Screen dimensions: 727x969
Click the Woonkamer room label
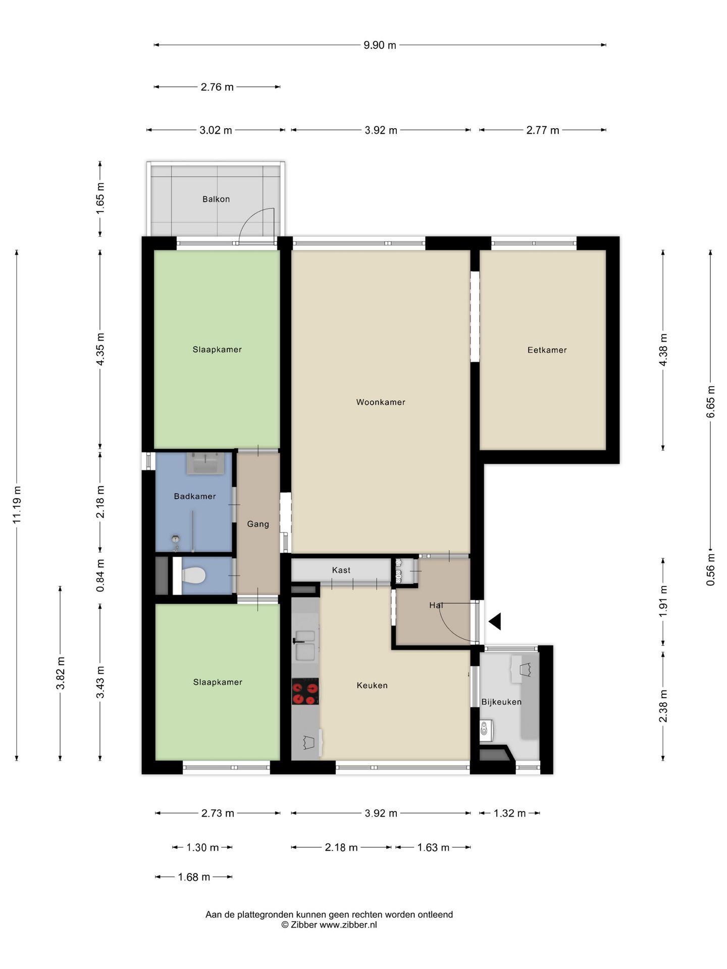(381, 402)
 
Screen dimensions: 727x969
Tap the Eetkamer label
(547, 350)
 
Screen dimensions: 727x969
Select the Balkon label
(216, 199)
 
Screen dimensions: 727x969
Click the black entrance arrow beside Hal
(495, 621)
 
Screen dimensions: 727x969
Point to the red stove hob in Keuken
(305, 691)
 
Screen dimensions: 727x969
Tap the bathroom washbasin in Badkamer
(205, 463)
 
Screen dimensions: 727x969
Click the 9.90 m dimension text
(380, 45)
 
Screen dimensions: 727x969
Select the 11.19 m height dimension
(17, 505)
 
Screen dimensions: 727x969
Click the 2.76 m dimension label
(217, 87)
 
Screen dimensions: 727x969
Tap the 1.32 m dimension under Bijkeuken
(509, 813)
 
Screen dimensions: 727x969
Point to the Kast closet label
(341, 570)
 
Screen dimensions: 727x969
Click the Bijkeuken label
(501, 702)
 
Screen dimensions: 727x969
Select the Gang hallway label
(258, 524)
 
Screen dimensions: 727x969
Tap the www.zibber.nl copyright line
(329, 925)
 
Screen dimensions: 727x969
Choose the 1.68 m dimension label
(194, 877)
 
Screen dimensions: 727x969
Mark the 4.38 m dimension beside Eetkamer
(663, 350)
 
